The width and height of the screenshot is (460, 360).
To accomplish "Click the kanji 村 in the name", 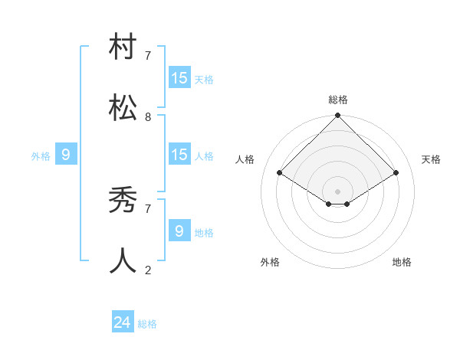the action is (x=123, y=47).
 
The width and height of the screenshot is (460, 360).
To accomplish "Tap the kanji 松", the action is (x=123, y=108).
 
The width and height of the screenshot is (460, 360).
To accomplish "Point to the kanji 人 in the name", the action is (x=123, y=261).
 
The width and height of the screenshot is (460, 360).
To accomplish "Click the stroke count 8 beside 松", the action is (x=148, y=117).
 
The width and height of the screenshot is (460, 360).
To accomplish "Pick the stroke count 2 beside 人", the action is (x=148, y=270).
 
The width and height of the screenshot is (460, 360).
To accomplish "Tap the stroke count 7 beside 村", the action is (x=148, y=56).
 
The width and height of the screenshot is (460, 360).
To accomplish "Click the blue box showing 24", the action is (x=123, y=322).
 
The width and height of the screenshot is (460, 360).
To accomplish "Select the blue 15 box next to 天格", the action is (x=179, y=78).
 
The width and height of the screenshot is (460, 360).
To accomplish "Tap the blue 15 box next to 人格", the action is (x=179, y=155).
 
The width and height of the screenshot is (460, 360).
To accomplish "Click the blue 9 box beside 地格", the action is (x=179, y=231).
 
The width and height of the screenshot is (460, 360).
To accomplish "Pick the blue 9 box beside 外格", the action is (x=66, y=155).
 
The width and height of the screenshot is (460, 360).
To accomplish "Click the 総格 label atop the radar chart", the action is (x=338, y=100).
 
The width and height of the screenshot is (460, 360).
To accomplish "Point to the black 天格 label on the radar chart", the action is (x=431, y=159).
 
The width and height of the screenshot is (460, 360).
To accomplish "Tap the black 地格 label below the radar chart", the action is (x=402, y=262).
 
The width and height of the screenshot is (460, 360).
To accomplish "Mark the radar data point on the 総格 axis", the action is (x=337, y=116).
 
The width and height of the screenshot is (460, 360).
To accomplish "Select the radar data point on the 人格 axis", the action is (x=280, y=173).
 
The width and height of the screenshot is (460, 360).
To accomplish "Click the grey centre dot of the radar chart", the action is (x=337, y=191).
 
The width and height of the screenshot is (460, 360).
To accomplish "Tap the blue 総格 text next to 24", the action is (x=147, y=324).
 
